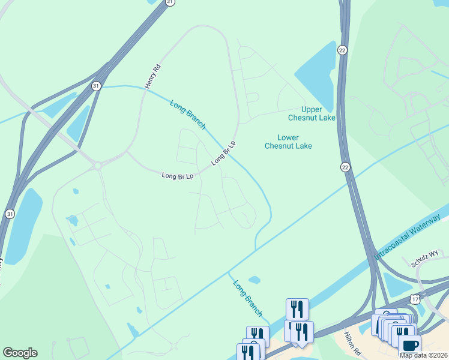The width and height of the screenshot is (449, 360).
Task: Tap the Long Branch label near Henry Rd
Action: [188, 114]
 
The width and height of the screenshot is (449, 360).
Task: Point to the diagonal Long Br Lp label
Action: [223, 154]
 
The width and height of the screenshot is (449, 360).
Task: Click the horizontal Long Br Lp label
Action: [178, 176]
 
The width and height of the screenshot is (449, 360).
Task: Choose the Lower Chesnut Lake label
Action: [288, 142]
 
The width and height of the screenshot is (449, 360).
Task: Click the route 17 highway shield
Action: [415, 298]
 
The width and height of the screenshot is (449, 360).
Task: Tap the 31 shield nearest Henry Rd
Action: [96, 86]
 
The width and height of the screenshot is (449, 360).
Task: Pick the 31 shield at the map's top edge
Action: [170, 2]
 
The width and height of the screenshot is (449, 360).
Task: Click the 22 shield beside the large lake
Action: [342, 49]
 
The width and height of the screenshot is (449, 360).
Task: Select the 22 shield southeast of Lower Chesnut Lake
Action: [345, 166]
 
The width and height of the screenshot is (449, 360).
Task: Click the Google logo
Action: [20, 353]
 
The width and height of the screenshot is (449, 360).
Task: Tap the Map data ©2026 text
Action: [424, 355]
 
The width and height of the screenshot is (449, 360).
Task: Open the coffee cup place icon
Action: [410, 345]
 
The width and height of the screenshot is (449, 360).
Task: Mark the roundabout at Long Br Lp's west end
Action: [97, 165]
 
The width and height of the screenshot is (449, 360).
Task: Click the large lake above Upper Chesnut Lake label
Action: [317, 72]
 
